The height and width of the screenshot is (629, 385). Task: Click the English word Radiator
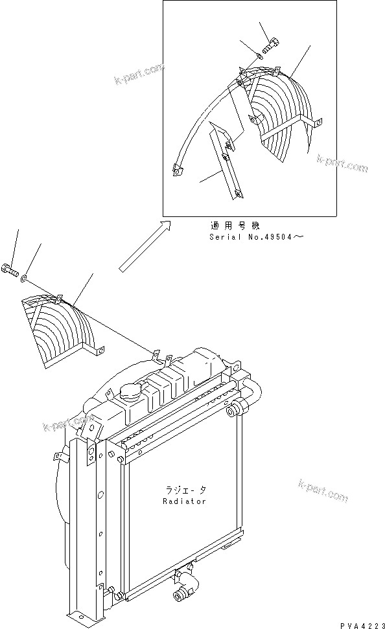coord(184,501)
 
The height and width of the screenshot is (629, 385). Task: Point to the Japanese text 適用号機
coord(235,226)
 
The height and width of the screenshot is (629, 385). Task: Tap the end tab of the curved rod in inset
coord(176,170)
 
